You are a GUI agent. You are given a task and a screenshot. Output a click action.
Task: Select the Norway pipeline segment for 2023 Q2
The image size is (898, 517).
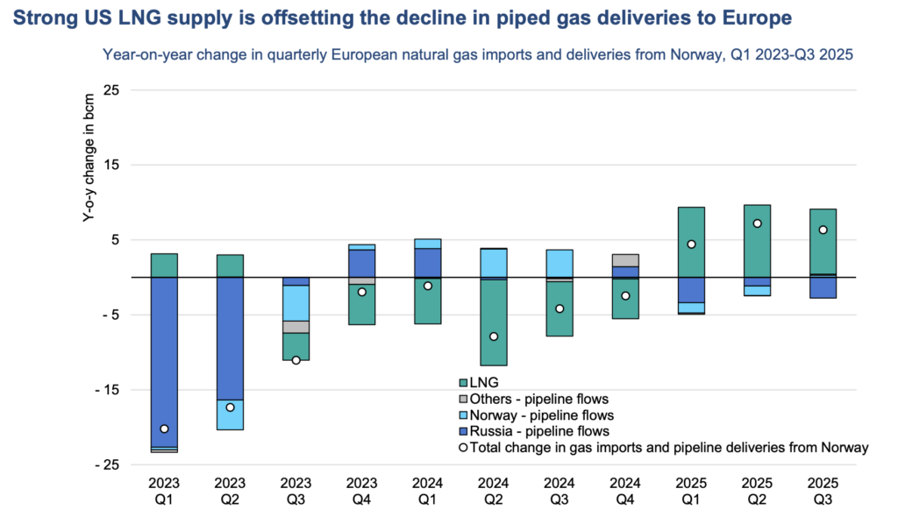tap(230, 414)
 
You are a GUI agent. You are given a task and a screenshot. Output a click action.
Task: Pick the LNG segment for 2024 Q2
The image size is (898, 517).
tap(494, 322)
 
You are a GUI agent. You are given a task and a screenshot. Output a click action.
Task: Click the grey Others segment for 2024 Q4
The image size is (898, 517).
tap(625, 260)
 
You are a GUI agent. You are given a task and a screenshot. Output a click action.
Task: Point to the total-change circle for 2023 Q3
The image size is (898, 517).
tap(296, 360)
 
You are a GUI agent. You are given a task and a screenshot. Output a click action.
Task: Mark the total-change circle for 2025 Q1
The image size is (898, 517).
tap(691, 244)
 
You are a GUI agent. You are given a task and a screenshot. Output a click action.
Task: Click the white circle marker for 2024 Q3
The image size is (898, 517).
tap(559, 308)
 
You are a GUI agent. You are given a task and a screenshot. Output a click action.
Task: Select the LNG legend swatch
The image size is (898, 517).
tap(463, 383)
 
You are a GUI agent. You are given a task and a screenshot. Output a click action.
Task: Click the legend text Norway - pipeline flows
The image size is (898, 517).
tap(542, 415)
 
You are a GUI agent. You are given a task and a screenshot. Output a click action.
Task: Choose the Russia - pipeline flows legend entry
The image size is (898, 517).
tap(539, 431)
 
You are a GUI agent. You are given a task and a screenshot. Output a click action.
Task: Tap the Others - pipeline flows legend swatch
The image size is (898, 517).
tap(463, 400)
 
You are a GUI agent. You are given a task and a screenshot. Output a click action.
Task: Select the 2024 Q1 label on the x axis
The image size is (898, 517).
tap(428, 491)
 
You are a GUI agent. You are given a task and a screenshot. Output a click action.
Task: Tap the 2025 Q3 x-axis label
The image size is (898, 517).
tap(823, 491)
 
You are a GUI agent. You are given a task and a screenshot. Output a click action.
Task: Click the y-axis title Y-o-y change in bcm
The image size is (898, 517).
tap(89, 166)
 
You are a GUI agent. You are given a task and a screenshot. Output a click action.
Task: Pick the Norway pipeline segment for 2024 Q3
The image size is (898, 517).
tap(559, 263)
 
